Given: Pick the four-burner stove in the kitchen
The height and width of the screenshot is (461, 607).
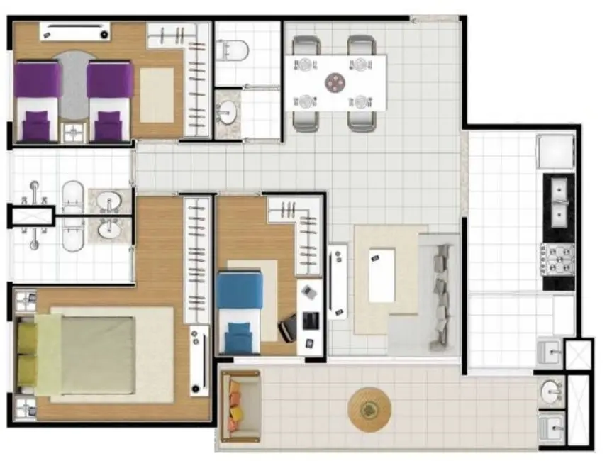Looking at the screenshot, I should click(x=558, y=259).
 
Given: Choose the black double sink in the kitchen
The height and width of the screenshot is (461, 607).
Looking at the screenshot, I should click(x=559, y=201).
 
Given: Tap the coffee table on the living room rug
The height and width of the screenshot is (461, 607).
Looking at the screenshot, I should click(x=382, y=274).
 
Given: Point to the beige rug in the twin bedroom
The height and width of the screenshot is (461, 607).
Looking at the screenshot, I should click(x=157, y=95).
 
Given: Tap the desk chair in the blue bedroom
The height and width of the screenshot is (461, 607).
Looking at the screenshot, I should click(x=288, y=328).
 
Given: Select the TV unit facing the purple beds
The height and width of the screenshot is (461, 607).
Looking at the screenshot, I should click(x=74, y=31).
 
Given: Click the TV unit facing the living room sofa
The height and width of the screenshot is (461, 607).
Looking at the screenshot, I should click(x=338, y=282).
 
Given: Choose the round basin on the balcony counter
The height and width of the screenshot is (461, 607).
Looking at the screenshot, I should click(x=551, y=391).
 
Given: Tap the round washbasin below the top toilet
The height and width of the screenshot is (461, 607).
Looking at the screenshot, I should click(x=227, y=112).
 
